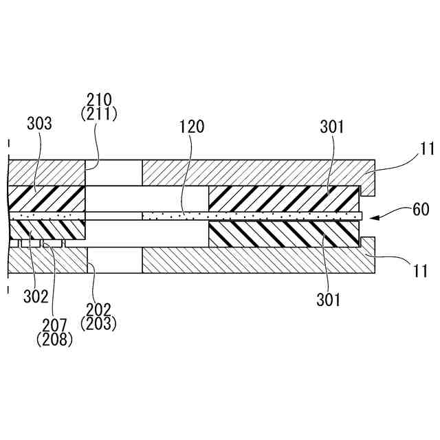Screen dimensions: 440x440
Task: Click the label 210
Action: pyautogui.click(x=100, y=100)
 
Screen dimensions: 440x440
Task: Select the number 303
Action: pyautogui.click(x=39, y=124)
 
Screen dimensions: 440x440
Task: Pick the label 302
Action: pyautogui.click(x=36, y=297)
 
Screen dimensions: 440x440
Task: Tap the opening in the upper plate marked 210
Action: pyautogui.click(x=113, y=173)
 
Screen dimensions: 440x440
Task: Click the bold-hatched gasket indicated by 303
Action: pyautogui.click(x=45, y=199)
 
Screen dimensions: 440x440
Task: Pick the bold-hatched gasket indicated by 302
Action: pyautogui.click(x=45, y=229)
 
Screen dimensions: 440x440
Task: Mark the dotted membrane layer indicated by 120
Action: pyautogui.click(x=247, y=216)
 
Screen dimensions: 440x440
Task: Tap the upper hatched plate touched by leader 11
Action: pyautogui.click(x=254, y=173)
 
